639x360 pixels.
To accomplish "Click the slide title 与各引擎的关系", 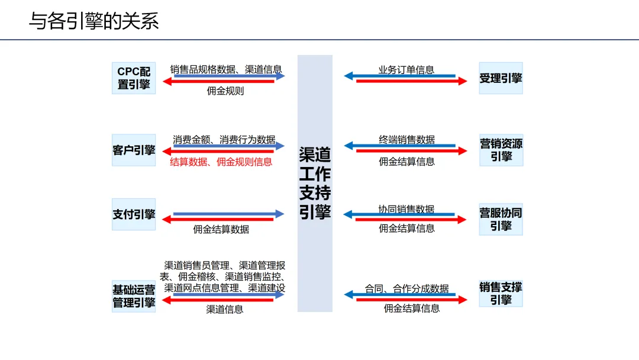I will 94,21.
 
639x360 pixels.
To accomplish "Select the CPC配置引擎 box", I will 134,78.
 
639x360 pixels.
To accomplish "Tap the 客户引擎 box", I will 134,150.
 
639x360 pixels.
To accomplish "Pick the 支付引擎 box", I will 134,214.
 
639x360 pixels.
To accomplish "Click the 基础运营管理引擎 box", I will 134,296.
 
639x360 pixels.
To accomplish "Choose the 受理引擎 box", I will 501,78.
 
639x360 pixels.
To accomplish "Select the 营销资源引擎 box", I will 501,150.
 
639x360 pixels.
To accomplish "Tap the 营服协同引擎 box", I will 501,219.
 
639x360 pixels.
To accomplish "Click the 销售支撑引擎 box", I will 501,293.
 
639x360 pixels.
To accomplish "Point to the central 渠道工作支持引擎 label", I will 315,184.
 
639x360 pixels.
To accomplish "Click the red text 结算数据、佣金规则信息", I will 221,162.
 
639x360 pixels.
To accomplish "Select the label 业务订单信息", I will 406,70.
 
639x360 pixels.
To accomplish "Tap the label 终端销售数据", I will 406,140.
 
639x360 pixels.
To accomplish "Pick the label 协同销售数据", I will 406,209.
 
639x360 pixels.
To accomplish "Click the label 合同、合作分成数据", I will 406,289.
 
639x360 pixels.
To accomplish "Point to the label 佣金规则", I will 225,91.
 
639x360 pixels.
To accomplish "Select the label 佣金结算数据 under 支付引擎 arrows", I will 221,229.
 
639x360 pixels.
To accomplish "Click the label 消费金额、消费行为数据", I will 224,140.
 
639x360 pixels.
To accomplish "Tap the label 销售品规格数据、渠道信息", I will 226,69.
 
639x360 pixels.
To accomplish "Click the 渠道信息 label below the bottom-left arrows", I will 225,309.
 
